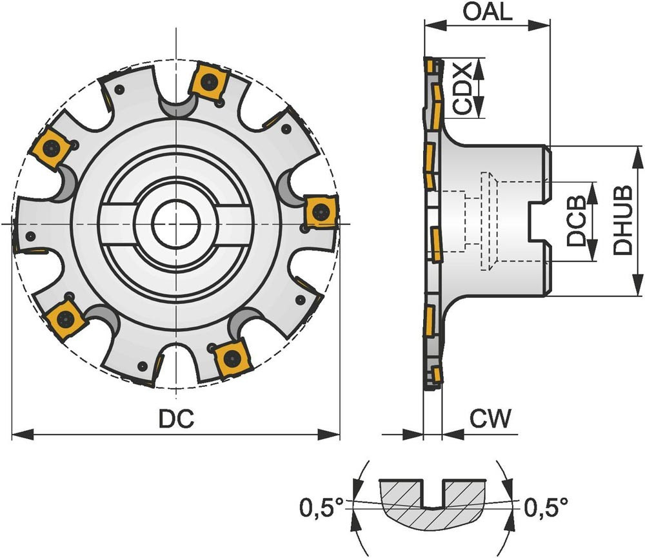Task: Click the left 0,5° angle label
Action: [x=320, y=508]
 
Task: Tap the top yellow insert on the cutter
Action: [x=208, y=82]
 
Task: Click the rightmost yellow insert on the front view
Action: [x=319, y=211]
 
